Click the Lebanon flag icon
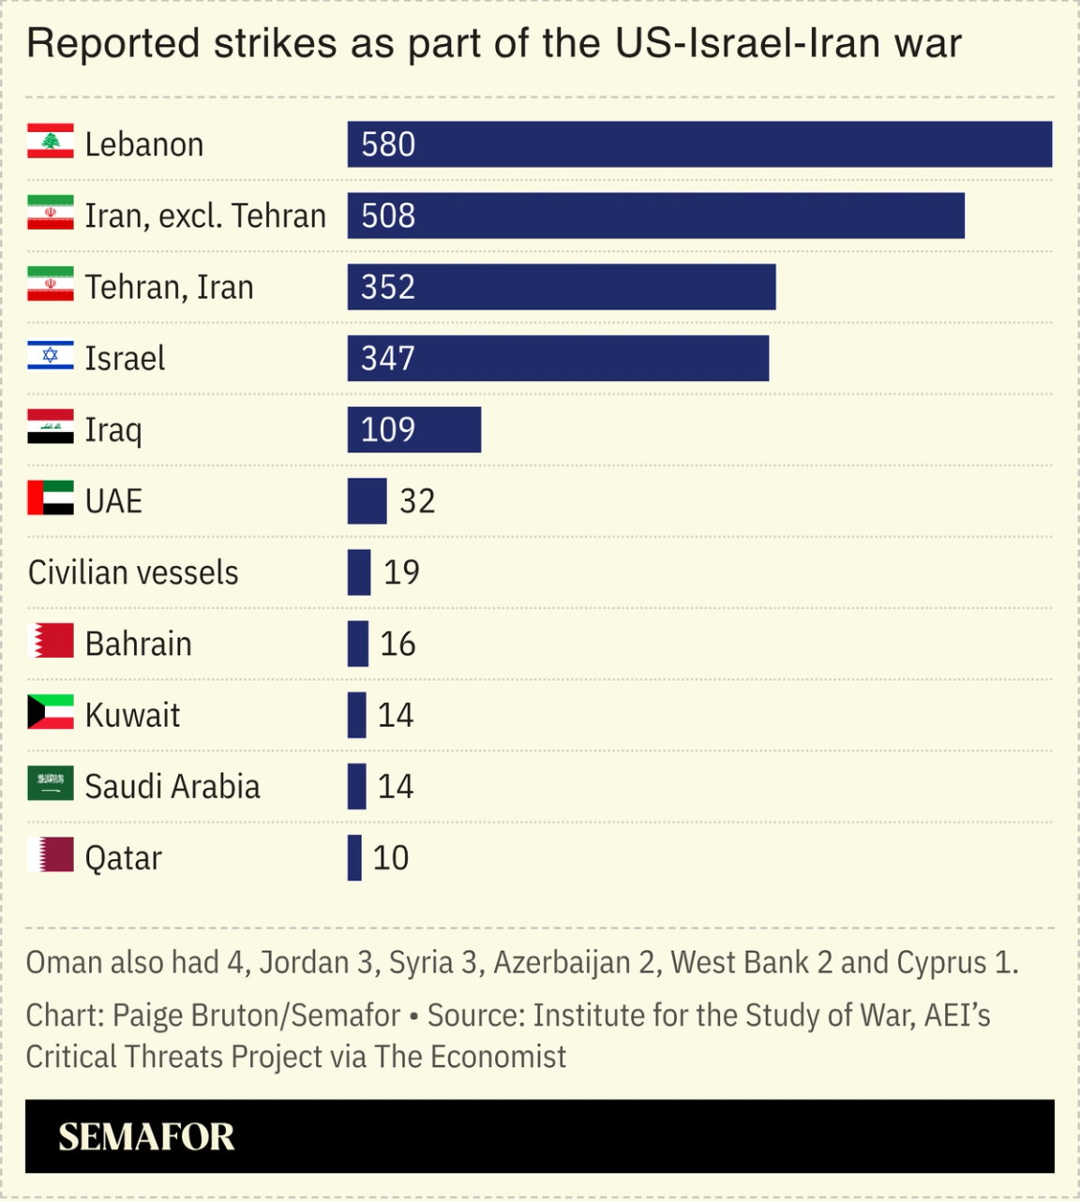click(x=51, y=141)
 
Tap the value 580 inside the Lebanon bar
click(x=388, y=144)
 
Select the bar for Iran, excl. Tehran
click(x=655, y=215)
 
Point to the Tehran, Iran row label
click(x=169, y=287)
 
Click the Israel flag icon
click(x=51, y=356)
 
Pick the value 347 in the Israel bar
click(x=387, y=358)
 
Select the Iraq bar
click(x=413, y=429)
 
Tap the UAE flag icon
click(x=51, y=498)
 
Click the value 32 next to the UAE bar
click(x=417, y=501)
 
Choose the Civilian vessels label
click(x=133, y=572)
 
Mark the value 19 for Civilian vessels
click(x=401, y=572)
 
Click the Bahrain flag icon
click(x=51, y=642)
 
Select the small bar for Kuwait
click(x=356, y=715)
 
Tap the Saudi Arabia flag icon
click(x=51, y=784)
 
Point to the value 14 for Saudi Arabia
click(x=396, y=786)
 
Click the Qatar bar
click(x=354, y=857)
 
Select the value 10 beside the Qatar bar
click(x=391, y=857)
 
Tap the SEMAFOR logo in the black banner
click(x=146, y=1136)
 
